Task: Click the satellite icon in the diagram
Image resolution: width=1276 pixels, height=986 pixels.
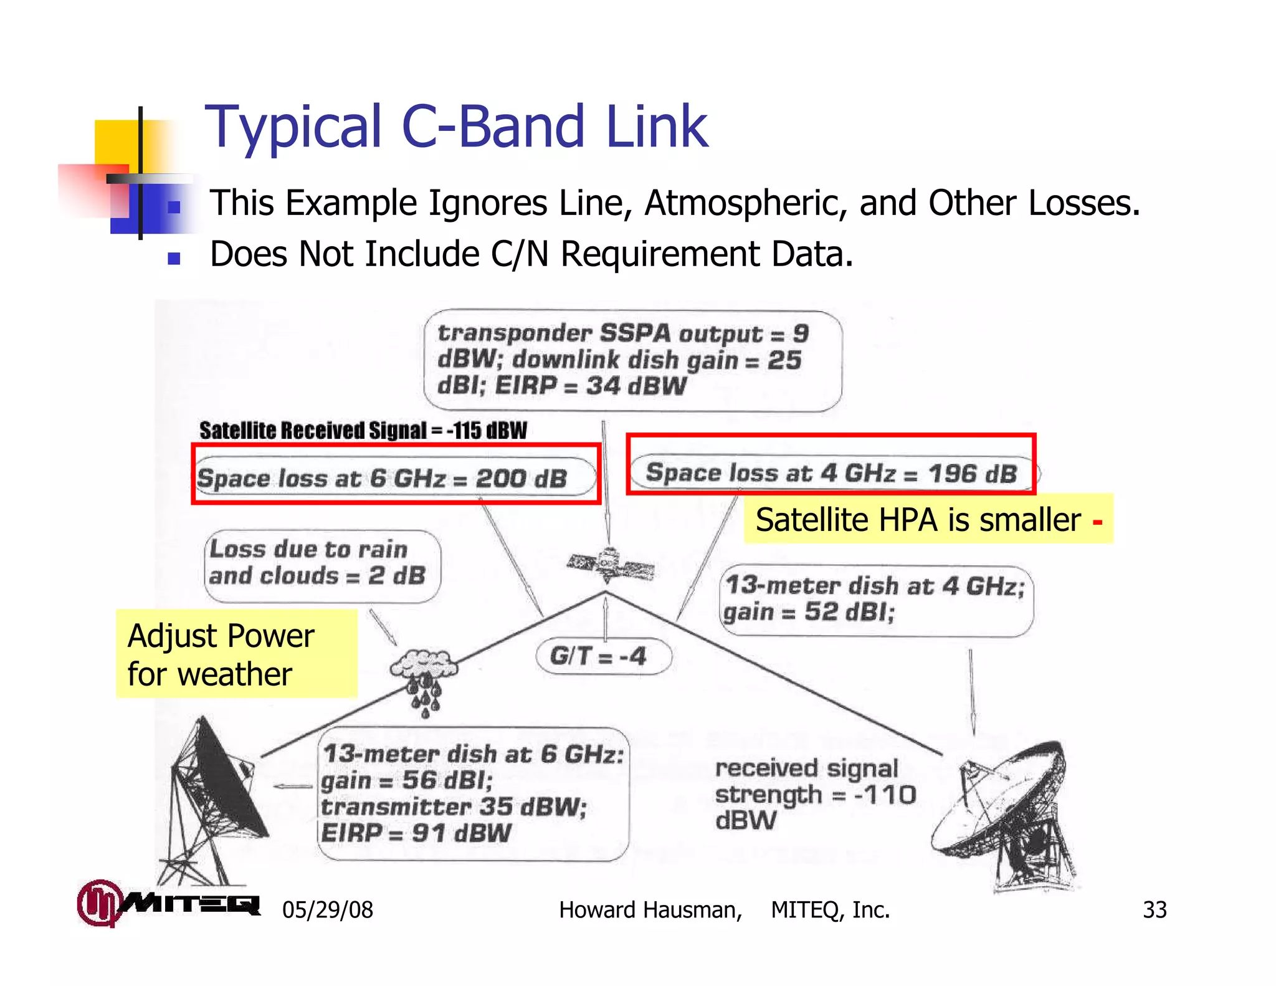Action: (610, 564)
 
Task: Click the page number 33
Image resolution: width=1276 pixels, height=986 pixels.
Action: (1154, 910)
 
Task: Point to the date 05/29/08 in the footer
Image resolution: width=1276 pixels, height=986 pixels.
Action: (327, 910)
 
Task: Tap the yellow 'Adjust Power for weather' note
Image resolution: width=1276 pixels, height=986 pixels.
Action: (236, 654)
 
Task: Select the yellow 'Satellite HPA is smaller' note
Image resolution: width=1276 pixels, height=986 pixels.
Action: (928, 519)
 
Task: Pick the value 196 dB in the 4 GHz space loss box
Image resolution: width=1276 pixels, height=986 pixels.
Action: (973, 474)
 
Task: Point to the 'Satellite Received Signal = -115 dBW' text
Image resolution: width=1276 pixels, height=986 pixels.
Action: (363, 430)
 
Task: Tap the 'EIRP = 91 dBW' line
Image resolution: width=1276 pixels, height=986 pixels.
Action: (416, 833)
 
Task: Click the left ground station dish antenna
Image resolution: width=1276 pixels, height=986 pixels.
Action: (212, 804)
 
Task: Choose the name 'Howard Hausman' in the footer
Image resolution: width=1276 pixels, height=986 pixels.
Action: (650, 910)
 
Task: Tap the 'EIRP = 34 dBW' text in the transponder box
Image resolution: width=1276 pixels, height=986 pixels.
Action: (590, 386)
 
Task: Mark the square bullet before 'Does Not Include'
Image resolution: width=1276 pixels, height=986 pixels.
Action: (174, 257)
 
